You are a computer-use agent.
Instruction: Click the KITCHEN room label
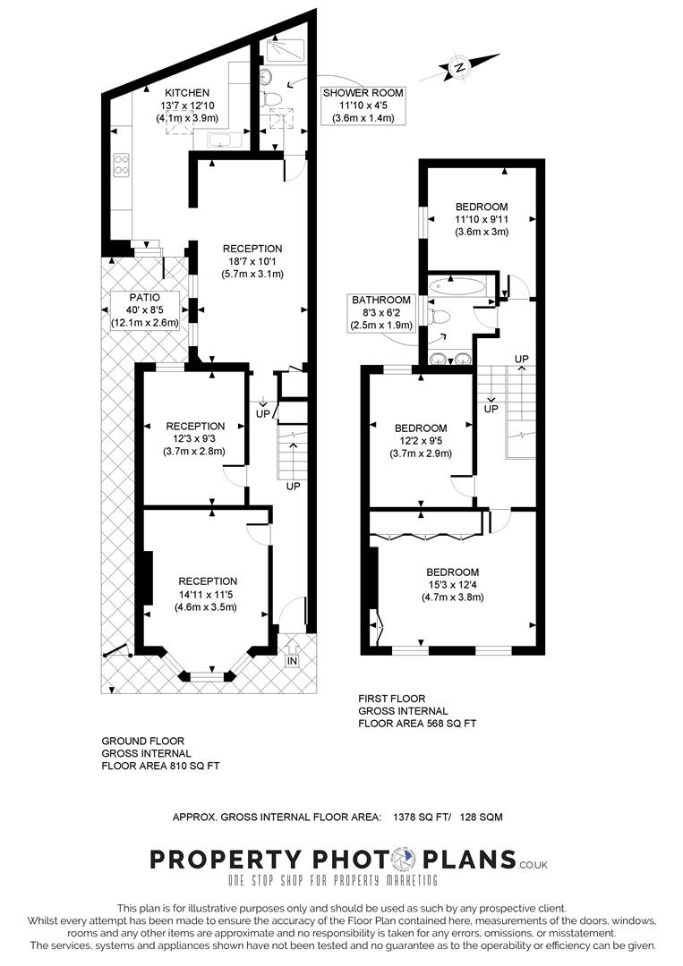(187, 92)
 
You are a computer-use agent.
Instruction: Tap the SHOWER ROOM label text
(363, 92)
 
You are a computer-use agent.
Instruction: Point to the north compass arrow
(460, 67)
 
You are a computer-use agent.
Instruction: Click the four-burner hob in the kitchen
(121, 165)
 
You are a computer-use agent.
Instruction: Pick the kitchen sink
(218, 140)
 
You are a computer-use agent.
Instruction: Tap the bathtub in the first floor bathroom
(457, 287)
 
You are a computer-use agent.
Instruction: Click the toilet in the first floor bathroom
(440, 316)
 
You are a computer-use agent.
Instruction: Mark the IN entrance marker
(292, 661)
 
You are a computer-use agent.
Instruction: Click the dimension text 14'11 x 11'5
(207, 594)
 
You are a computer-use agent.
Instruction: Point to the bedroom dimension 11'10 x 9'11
(481, 219)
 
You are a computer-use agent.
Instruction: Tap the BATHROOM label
(381, 300)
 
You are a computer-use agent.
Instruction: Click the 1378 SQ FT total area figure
(423, 817)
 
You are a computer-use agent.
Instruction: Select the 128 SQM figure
(482, 817)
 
